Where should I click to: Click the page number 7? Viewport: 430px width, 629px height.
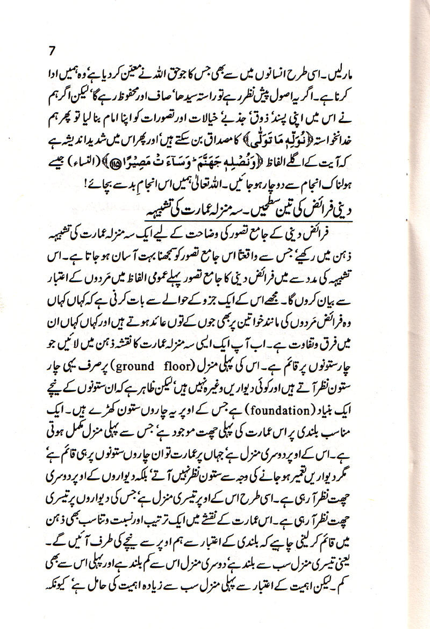tap(52, 52)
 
